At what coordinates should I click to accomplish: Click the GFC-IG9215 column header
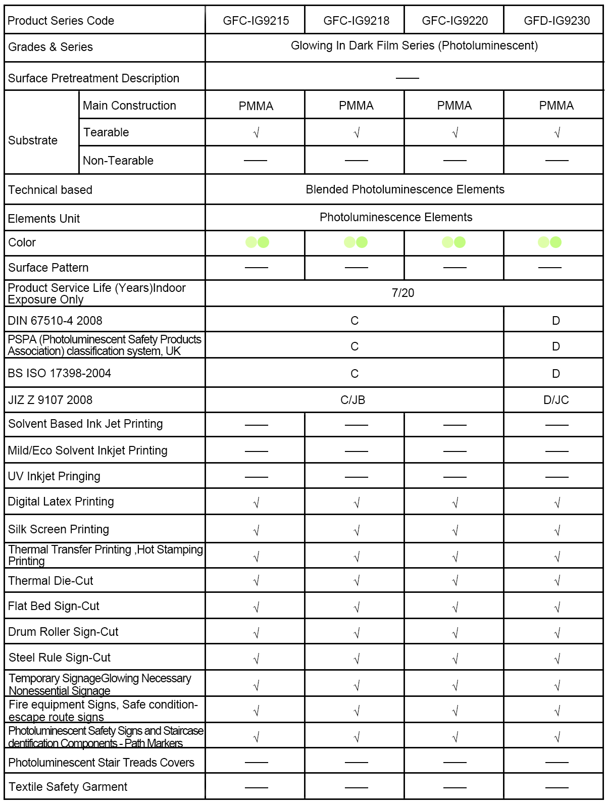(256, 21)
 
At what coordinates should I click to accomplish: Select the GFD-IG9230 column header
(557, 21)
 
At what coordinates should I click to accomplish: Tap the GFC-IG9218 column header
(356, 21)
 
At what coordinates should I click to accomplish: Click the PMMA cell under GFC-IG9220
(454, 106)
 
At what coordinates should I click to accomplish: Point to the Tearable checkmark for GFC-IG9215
(256, 133)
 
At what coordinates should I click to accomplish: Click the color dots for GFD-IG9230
(550, 242)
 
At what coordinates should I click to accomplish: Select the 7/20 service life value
(403, 293)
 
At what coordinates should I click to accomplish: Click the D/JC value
(556, 400)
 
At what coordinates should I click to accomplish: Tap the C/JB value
(353, 400)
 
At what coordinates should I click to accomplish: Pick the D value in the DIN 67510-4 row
(556, 321)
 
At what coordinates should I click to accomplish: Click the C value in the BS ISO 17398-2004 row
(355, 374)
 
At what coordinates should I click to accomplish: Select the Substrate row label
(33, 140)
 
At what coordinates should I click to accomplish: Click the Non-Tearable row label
(118, 161)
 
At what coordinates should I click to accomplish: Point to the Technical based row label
(50, 190)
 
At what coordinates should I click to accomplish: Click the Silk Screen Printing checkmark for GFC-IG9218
(357, 530)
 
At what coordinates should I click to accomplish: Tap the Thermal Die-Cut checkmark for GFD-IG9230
(557, 581)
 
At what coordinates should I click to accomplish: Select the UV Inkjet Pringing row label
(54, 476)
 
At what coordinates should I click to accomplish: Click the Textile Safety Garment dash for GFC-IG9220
(454, 787)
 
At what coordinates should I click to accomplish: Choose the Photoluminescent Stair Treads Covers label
(101, 763)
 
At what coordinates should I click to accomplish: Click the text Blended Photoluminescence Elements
(405, 189)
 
